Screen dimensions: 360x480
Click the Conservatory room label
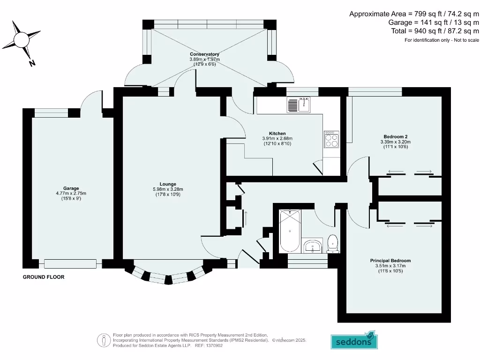point(204,54)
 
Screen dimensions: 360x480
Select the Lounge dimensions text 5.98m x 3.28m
point(167,189)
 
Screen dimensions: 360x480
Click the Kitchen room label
point(277,134)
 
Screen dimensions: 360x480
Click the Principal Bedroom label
point(390,261)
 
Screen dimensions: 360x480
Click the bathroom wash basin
point(313,246)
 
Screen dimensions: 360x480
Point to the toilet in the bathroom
point(333,243)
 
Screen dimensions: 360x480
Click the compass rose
point(22,39)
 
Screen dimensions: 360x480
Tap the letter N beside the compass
point(32,63)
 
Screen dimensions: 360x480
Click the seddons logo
point(354,341)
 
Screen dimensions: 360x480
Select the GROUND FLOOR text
point(44,277)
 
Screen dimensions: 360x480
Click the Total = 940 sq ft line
point(435,31)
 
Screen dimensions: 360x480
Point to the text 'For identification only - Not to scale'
point(442,40)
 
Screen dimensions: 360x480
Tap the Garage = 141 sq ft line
point(434,22)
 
